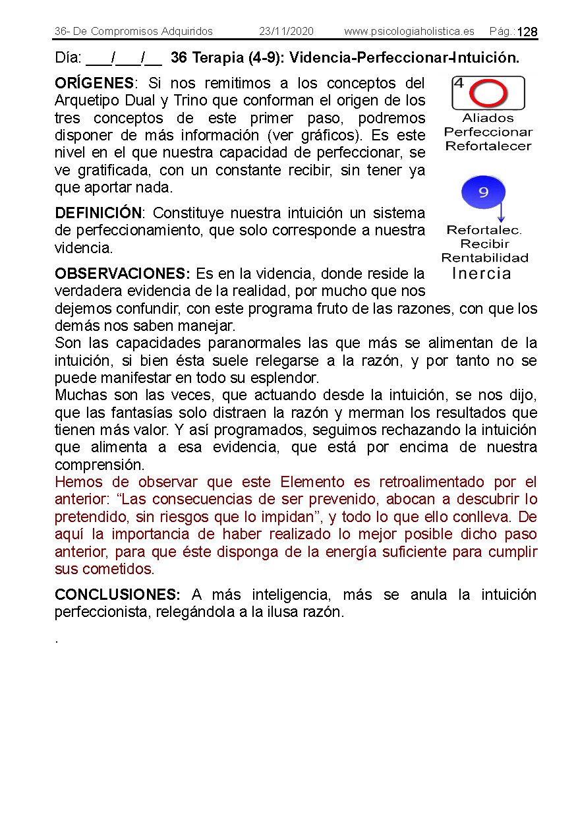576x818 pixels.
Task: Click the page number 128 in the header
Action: pyautogui.click(x=527, y=32)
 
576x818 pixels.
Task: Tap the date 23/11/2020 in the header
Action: pyautogui.click(x=286, y=32)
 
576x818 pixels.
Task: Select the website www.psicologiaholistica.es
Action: pyautogui.click(x=409, y=32)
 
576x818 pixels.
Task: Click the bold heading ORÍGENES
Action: pyautogui.click(x=94, y=84)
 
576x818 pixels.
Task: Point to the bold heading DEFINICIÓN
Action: pyautogui.click(x=98, y=214)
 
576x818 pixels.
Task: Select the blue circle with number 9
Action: pyautogui.click(x=483, y=192)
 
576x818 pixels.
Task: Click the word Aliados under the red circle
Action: pyautogui.click(x=488, y=119)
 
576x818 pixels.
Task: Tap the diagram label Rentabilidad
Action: pyautogui.click(x=485, y=258)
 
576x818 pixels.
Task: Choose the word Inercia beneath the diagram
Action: pyautogui.click(x=482, y=274)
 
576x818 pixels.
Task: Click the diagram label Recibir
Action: pyautogui.click(x=485, y=244)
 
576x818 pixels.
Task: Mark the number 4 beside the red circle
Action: pyautogui.click(x=459, y=84)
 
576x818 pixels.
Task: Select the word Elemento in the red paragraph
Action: pyautogui.click(x=312, y=482)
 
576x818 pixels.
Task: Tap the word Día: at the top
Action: pyautogui.click(x=68, y=58)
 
